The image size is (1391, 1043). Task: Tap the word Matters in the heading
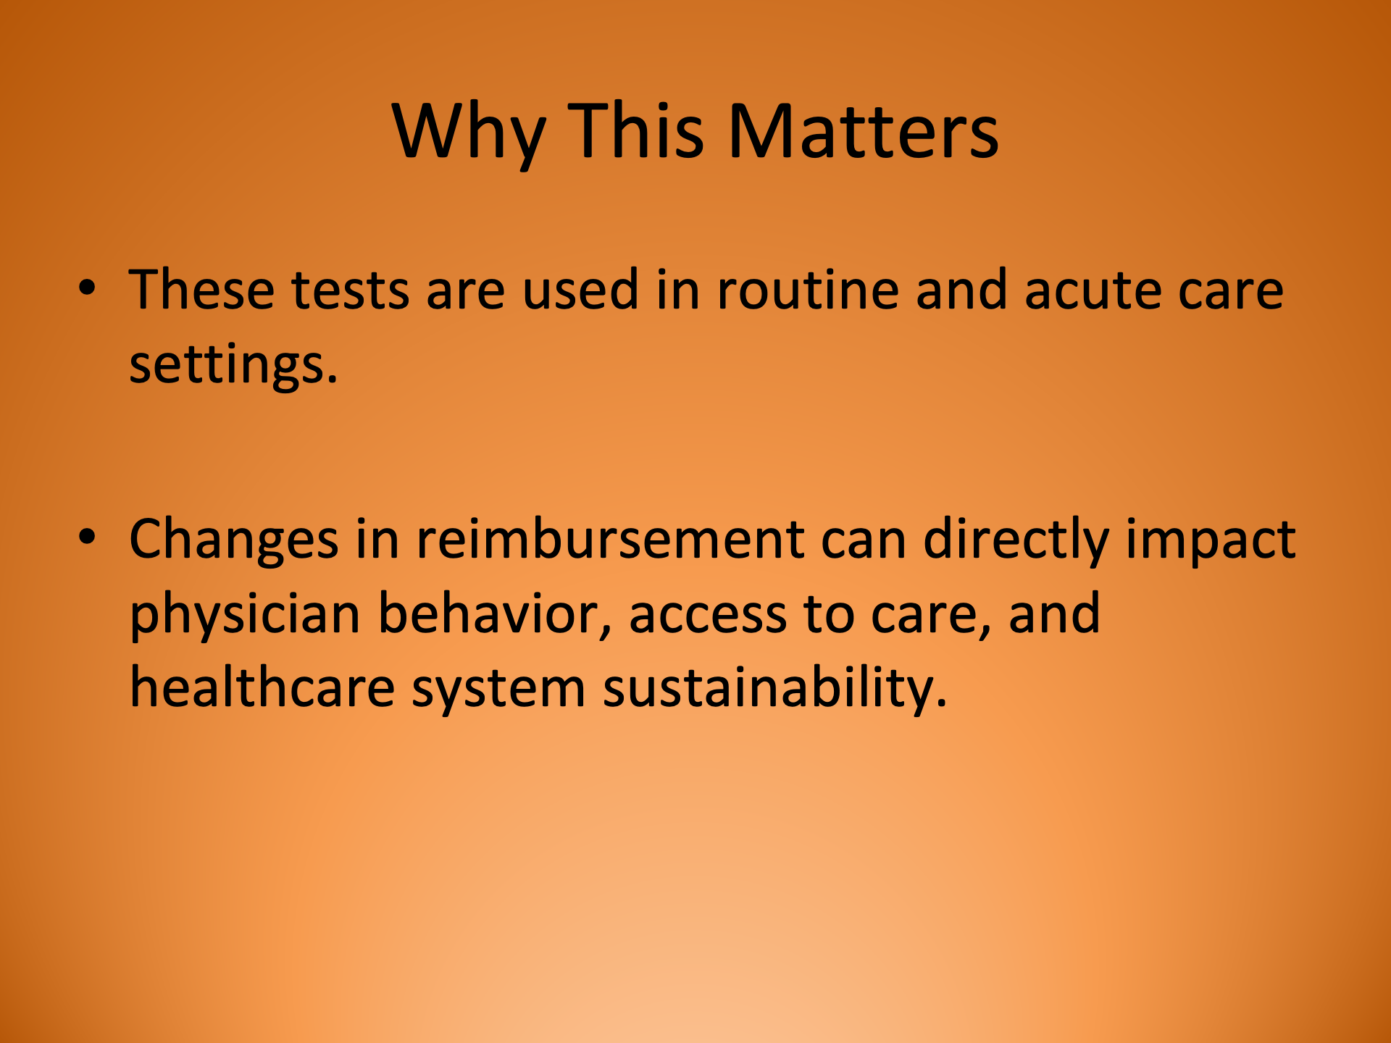[x=863, y=132]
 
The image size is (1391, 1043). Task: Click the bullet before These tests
[x=87, y=288]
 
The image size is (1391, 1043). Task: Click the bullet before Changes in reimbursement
[x=87, y=537]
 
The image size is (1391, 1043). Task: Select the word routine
[x=807, y=290]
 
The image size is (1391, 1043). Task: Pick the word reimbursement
[x=609, y=540]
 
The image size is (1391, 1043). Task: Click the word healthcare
[x=262, y=687]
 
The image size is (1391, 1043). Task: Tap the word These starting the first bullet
[x=201, y=290]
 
